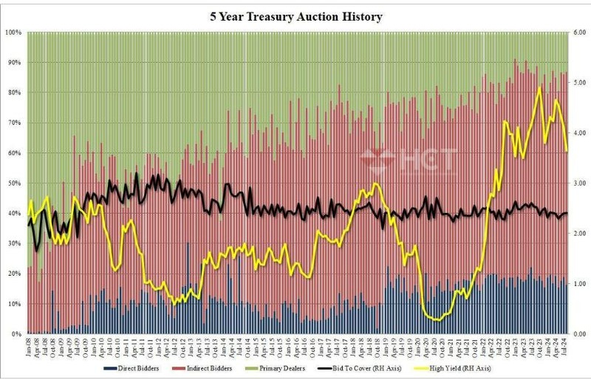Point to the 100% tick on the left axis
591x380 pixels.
tap(14, 33)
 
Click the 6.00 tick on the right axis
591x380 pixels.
tap(578, 33)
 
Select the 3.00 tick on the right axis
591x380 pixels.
tap(578, 183)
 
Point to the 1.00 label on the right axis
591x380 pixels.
tap(578, 284)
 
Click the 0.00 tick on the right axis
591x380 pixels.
tap(578, 334)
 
